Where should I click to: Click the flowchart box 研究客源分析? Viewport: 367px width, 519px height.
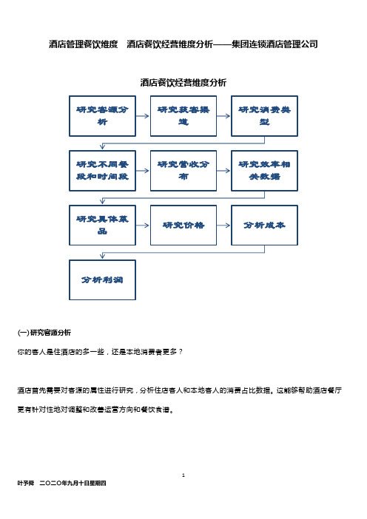tap(102, 116)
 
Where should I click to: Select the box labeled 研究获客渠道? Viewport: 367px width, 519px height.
tap(183, 116)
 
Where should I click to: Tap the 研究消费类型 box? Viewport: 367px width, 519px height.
tap(264, 116)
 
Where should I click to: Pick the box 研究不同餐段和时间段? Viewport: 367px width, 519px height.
tap(102, 171)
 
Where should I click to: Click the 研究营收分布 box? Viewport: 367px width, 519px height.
tap(183, 171)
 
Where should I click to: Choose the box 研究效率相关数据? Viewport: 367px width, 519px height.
tap(264, 171)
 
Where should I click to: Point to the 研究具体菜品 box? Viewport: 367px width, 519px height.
tap(102, 225)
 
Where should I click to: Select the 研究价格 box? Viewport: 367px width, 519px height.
tap(183, 225)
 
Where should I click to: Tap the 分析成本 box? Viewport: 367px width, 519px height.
tap(264, 225)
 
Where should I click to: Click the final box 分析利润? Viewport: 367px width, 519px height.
tap(102, 280)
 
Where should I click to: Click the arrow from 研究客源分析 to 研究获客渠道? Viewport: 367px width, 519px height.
tap(142, 116)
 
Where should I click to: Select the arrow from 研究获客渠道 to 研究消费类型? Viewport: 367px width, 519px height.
tap(223, 116)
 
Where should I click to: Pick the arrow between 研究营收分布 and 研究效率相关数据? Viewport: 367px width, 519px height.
tap(223, 171)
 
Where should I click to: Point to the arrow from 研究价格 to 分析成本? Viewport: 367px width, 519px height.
tap(223, 225)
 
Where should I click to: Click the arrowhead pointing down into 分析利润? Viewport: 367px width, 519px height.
tap(102, 256)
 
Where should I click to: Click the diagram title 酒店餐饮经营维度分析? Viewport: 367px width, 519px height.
tap(183, 82)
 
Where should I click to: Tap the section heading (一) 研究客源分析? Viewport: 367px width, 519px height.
tap(44, 332)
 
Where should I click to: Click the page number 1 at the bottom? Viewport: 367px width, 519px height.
tap(183, 475)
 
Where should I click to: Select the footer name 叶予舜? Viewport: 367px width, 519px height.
tap(25, 484)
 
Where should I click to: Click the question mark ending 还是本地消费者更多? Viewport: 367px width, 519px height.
tap(181, 351)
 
